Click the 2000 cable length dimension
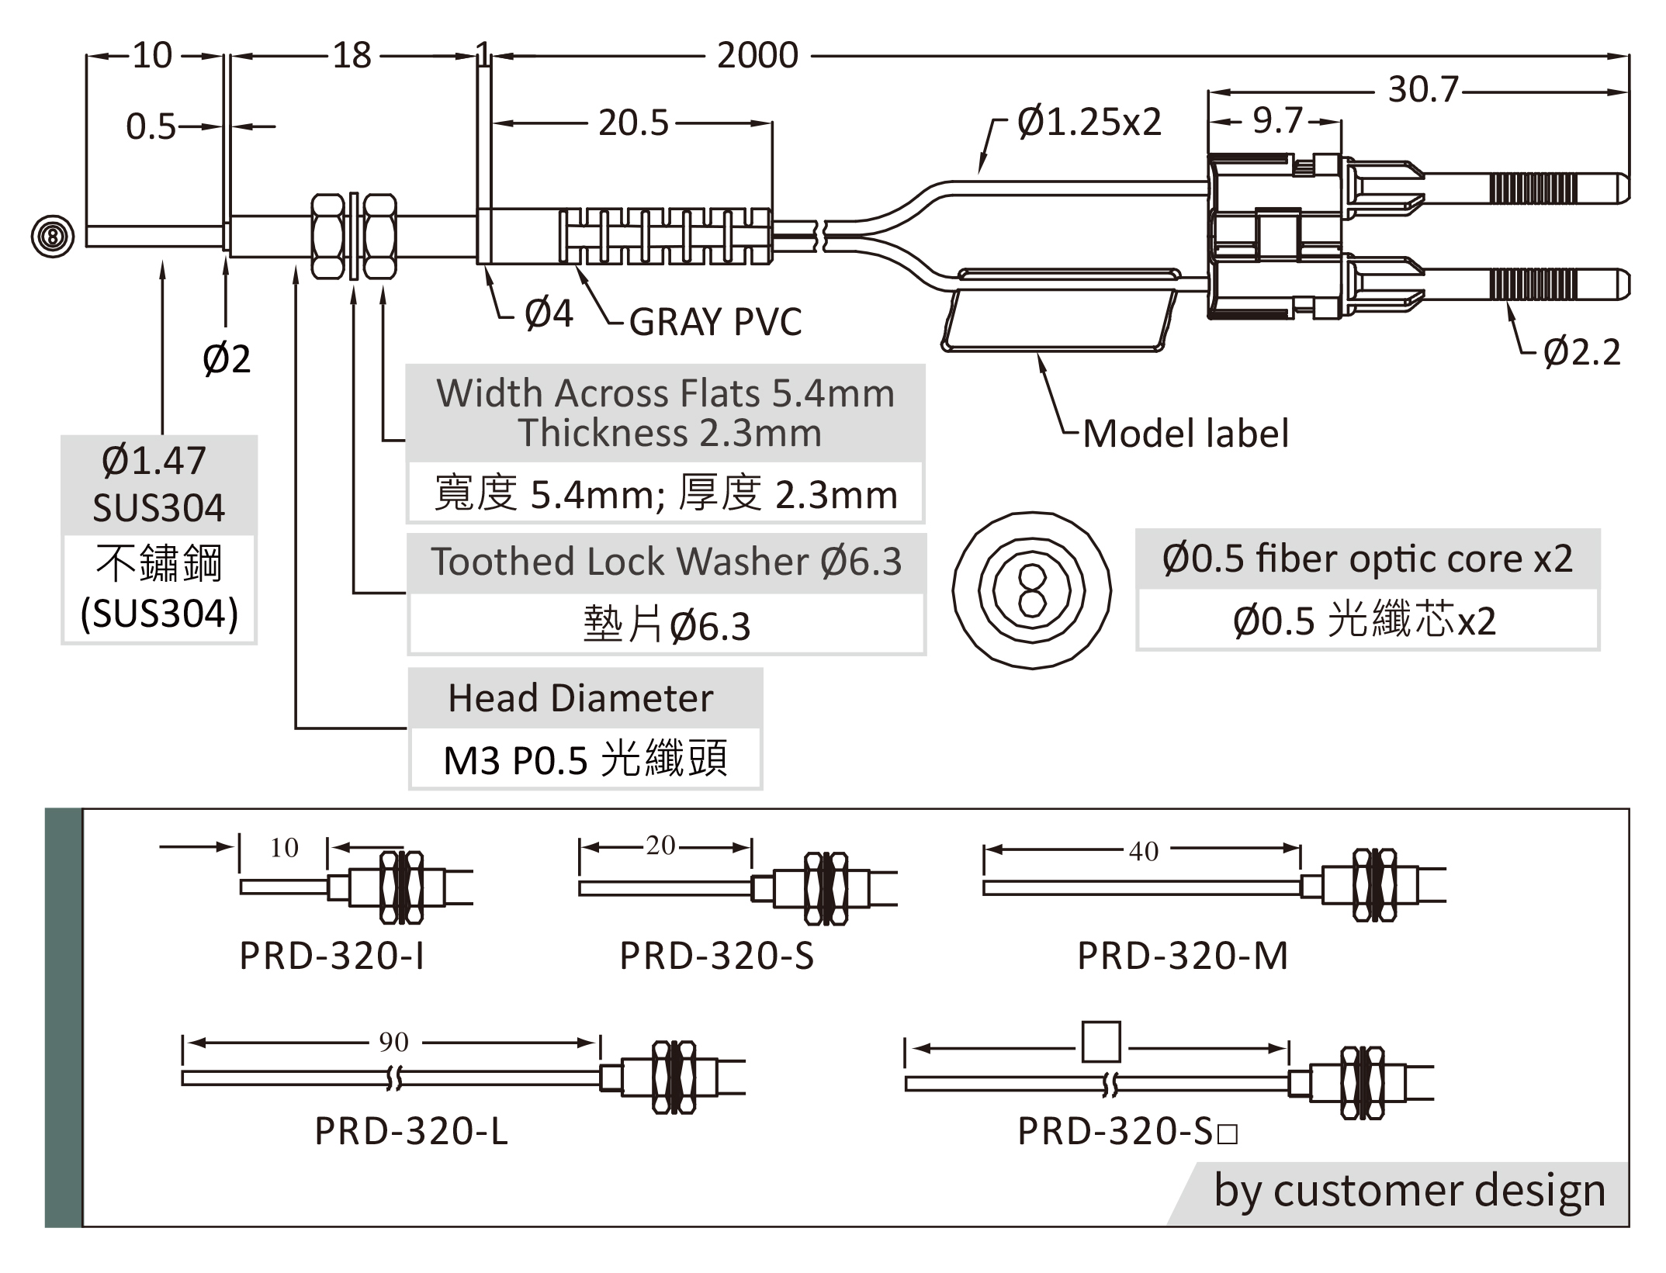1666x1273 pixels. coord(757,56)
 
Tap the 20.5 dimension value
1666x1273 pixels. coord(632,123)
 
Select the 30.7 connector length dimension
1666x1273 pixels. coord(1422,90)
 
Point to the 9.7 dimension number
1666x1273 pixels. coord(1277,121)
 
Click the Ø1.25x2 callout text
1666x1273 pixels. coord(1089,123)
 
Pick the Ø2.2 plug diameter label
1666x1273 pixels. coord(1581,352)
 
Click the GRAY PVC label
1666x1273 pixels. coord(715,322)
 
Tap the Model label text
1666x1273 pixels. coord(1185,434)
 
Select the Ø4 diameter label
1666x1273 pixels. coord(549,314)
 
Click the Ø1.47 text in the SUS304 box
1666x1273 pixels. coord(154,461)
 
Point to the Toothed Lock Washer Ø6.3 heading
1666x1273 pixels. coord(666,562)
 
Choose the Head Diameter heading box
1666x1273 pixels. coord(580,698)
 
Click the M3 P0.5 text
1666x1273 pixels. coord(515,760)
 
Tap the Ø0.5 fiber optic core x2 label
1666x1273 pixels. coord(1367,559)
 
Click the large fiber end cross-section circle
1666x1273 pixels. coord(1031,590)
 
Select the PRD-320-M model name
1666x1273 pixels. coord(1183,956)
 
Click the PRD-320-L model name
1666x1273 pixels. coord(411,1131)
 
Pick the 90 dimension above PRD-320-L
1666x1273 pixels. coord(393,1042)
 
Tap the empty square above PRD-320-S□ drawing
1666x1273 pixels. coord(1100,1042)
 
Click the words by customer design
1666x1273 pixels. coord(1409,1191)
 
